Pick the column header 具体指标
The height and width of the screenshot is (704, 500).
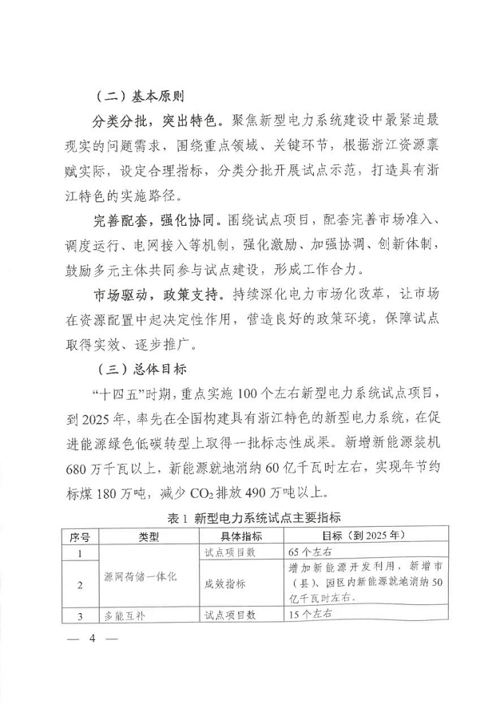pyautogui.click(x=237, y=536)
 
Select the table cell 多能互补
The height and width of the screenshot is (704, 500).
pyautogui.click(x=125, y=615)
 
